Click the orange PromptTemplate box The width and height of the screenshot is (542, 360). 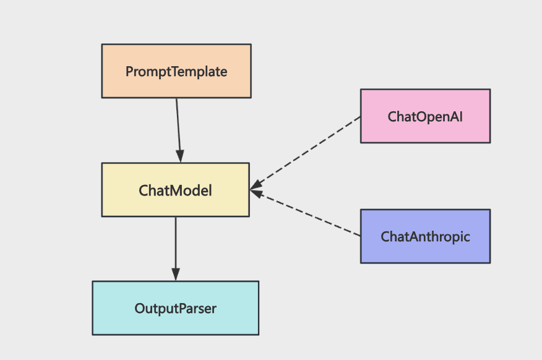176,71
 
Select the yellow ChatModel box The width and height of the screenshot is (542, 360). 176,190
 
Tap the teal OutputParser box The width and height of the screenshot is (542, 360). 176,308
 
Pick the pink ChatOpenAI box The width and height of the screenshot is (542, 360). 425,116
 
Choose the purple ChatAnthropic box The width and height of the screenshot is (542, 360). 425,236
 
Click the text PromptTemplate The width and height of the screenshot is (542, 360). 176,72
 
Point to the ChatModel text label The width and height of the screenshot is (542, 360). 175,191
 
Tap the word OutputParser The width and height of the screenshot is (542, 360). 176,309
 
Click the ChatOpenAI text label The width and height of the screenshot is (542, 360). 425,117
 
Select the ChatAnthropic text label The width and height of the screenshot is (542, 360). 425,237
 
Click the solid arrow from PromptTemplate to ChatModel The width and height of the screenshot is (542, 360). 178,131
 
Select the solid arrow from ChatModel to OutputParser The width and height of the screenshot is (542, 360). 176,249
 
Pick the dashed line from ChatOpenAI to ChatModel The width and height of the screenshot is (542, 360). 305,153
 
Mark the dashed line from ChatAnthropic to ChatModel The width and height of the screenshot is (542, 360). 305,213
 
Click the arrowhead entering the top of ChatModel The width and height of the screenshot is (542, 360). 180,156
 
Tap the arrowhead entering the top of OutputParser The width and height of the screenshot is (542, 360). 176,274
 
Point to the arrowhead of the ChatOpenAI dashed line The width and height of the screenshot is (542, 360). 256,186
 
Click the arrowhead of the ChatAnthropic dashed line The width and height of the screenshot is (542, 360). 257,192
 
